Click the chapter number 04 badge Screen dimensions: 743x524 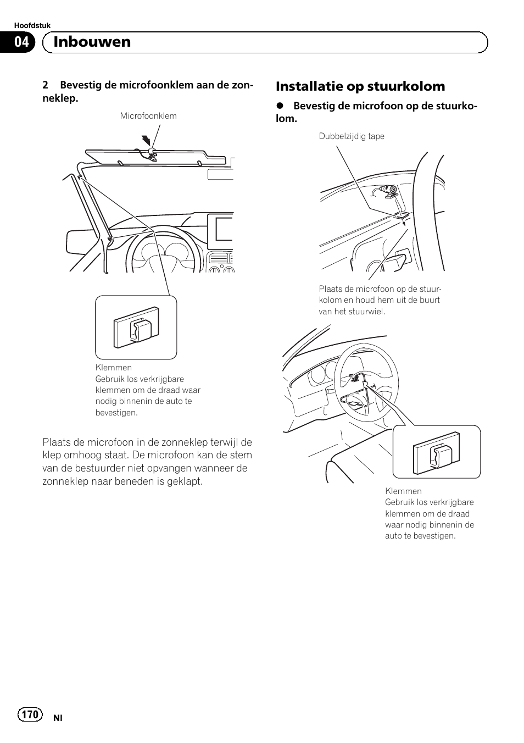[x=21, y=42]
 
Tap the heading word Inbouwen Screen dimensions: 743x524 [x=93, y=42]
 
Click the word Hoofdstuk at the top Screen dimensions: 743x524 [x=32, y=25]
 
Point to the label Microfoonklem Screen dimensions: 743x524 [x=148, y=116]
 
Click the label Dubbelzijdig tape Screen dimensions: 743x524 [x=352, y=136]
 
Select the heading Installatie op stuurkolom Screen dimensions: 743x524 [x=360, y=86]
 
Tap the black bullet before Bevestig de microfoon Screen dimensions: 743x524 [x=280, y=106]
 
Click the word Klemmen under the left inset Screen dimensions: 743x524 [x=114, y=368]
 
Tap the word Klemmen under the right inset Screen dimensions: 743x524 [x=403, y=491]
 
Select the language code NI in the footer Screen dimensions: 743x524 [x=58, y=718]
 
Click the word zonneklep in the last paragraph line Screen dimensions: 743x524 [x=65, y=481]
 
